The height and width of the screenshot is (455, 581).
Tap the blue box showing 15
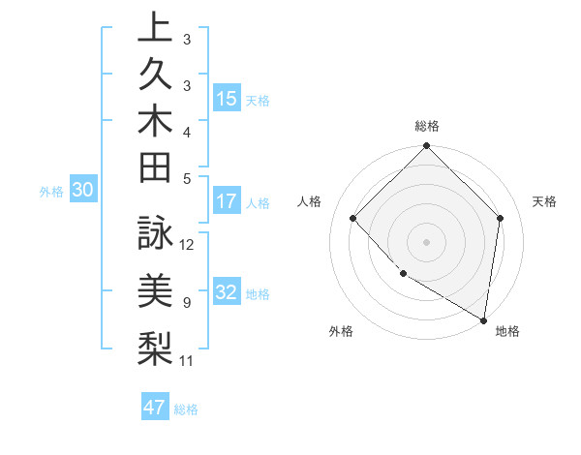[227, 99]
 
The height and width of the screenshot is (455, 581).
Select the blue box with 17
[227, 202]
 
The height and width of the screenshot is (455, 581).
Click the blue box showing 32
[227, 293]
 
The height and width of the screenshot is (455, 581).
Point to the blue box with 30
[83, 191]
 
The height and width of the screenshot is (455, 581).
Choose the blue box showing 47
[155, 408]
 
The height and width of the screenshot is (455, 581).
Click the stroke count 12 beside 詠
[188, 244]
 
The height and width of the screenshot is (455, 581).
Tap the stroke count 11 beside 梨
[187, 361]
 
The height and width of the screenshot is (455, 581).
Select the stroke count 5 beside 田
[187, 177]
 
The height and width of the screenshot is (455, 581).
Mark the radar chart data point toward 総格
[426, 147]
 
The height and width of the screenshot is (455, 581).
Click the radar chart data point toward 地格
[483, 319]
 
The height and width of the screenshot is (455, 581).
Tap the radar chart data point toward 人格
[353, 218]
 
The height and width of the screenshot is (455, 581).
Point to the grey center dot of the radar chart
[426, 241]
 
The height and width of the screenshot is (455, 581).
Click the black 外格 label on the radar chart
[341, 331]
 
